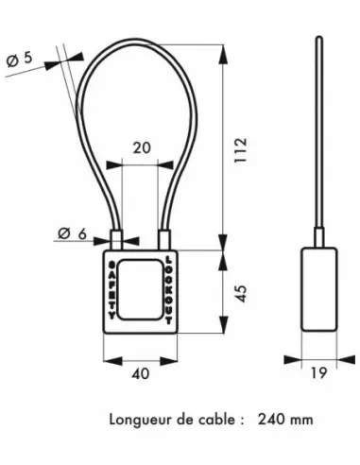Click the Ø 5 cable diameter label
19,60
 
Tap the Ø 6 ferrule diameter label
72,233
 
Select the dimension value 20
142,147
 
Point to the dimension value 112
241,150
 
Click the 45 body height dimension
241,293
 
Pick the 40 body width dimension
141,374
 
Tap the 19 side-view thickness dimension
318,373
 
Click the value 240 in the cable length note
270,420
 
